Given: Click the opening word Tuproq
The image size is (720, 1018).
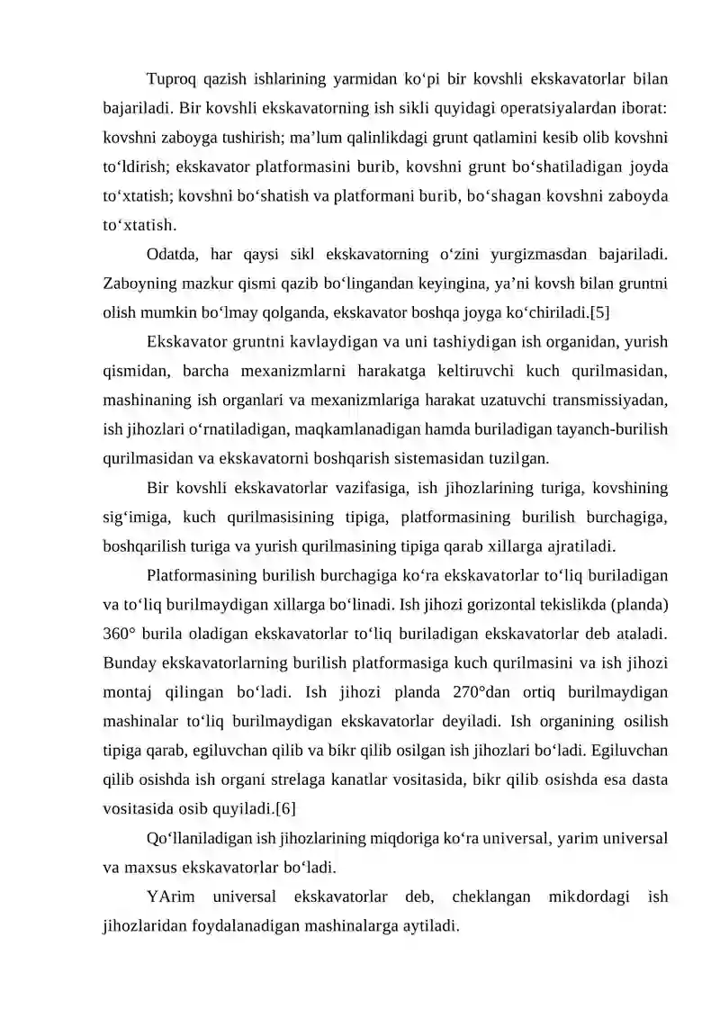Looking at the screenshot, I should (170, 79).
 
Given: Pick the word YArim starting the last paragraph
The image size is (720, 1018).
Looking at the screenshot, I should (169, 896).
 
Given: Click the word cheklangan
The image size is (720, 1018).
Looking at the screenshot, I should (495, 896).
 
